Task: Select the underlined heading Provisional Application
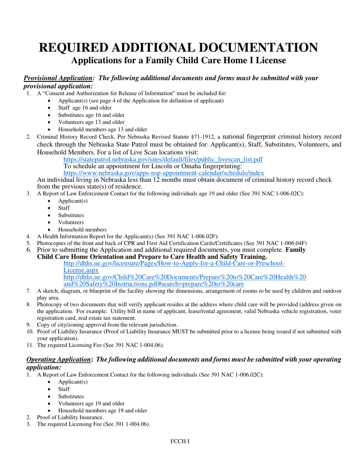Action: pos(58,78)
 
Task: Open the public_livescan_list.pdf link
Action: pos(163,160)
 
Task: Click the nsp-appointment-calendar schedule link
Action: pos(164,173)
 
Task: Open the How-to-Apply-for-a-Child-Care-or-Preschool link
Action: pos(174,263)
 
